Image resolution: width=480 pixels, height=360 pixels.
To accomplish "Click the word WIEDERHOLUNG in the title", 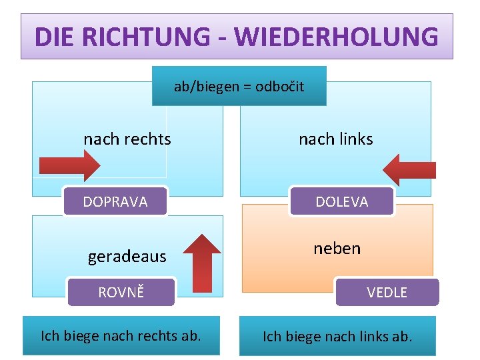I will coord(346,37).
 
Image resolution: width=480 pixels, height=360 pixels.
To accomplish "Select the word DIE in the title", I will coord(56,37).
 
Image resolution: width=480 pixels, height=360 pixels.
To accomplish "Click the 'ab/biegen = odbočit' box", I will coord(239,86).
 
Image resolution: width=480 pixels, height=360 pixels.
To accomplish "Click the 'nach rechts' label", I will coord(127,139).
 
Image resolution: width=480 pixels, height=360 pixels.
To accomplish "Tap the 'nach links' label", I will coord(335,139).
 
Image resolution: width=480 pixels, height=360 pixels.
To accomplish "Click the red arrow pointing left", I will coord(409,170).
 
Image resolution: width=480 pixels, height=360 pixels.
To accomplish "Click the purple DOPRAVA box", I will coord(115,201).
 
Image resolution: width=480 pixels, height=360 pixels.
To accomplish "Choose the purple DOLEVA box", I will coord(341,201).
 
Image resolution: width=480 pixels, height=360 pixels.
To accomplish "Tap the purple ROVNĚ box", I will coord(121,292).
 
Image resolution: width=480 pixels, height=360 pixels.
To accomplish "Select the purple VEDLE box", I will coord(387,292).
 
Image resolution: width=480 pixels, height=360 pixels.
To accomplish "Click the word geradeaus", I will coord(127,257).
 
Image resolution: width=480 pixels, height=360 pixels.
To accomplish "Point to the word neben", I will coord(337,249).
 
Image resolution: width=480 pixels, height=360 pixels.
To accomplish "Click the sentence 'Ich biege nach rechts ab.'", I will coord(121,335).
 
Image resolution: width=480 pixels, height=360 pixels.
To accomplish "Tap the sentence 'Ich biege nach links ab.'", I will coord(337,336).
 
